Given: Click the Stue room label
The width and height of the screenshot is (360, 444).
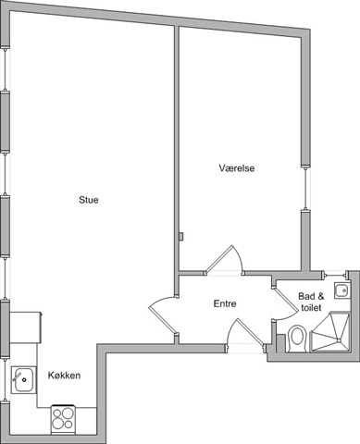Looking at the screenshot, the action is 89,200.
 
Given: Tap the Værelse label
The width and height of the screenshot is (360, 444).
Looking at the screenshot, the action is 237,168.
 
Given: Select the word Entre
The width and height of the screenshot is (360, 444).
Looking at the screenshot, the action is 225,303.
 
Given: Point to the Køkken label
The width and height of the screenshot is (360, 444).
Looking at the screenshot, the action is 64,376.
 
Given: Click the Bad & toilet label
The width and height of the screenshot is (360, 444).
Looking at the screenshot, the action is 311,302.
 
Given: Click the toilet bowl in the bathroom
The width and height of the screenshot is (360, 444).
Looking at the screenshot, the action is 297,339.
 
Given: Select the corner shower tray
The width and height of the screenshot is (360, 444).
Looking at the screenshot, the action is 330,332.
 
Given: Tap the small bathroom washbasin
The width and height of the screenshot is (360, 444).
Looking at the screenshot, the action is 341,290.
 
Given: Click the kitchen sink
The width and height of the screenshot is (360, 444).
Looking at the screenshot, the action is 23,380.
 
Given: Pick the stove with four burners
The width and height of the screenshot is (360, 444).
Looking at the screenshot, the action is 63,419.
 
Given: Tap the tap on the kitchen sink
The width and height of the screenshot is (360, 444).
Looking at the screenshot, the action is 17,376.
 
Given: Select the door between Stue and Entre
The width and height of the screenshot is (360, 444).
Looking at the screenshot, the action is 163,315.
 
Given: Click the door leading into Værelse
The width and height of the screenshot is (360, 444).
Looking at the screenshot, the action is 223,260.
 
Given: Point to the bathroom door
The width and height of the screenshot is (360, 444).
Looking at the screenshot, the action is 284,303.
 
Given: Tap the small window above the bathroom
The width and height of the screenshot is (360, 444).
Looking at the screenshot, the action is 335,274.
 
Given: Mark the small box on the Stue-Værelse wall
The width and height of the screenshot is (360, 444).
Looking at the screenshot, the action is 181,236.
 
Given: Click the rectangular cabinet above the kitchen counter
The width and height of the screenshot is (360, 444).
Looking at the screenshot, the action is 26,327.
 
